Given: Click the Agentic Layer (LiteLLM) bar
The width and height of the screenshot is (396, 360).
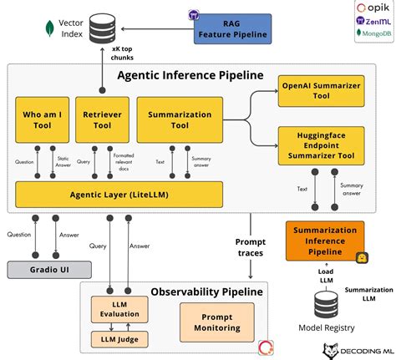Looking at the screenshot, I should [x=120, y=195].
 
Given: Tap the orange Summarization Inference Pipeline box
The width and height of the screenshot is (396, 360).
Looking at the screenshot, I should [x=325, y=241].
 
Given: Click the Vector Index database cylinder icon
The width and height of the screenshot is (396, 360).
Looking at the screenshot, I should [x=102, y=28].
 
